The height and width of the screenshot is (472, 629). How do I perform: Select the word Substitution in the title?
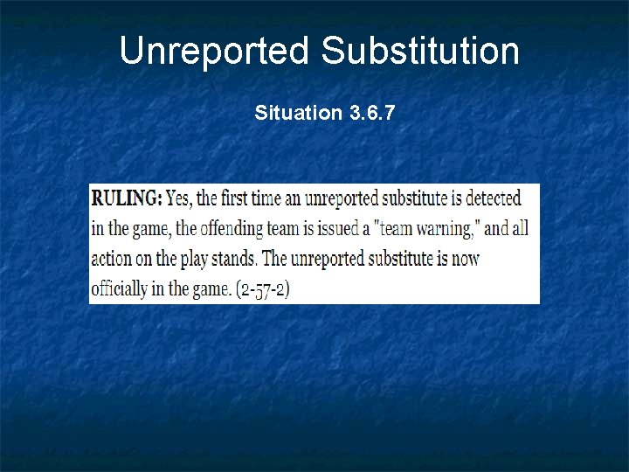(x=420, y=51)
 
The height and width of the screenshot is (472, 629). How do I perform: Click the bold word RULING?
(x=127, y=198)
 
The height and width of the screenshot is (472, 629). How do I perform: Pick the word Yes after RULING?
(x=180, y=198)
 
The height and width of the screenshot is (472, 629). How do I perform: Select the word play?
(x=200, y=260)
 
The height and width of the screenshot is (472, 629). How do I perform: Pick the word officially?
(x=121, y=289)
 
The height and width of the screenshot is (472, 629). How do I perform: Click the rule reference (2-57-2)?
(x=263, y=289)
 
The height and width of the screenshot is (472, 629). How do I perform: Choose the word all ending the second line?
(x=520, y=228)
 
